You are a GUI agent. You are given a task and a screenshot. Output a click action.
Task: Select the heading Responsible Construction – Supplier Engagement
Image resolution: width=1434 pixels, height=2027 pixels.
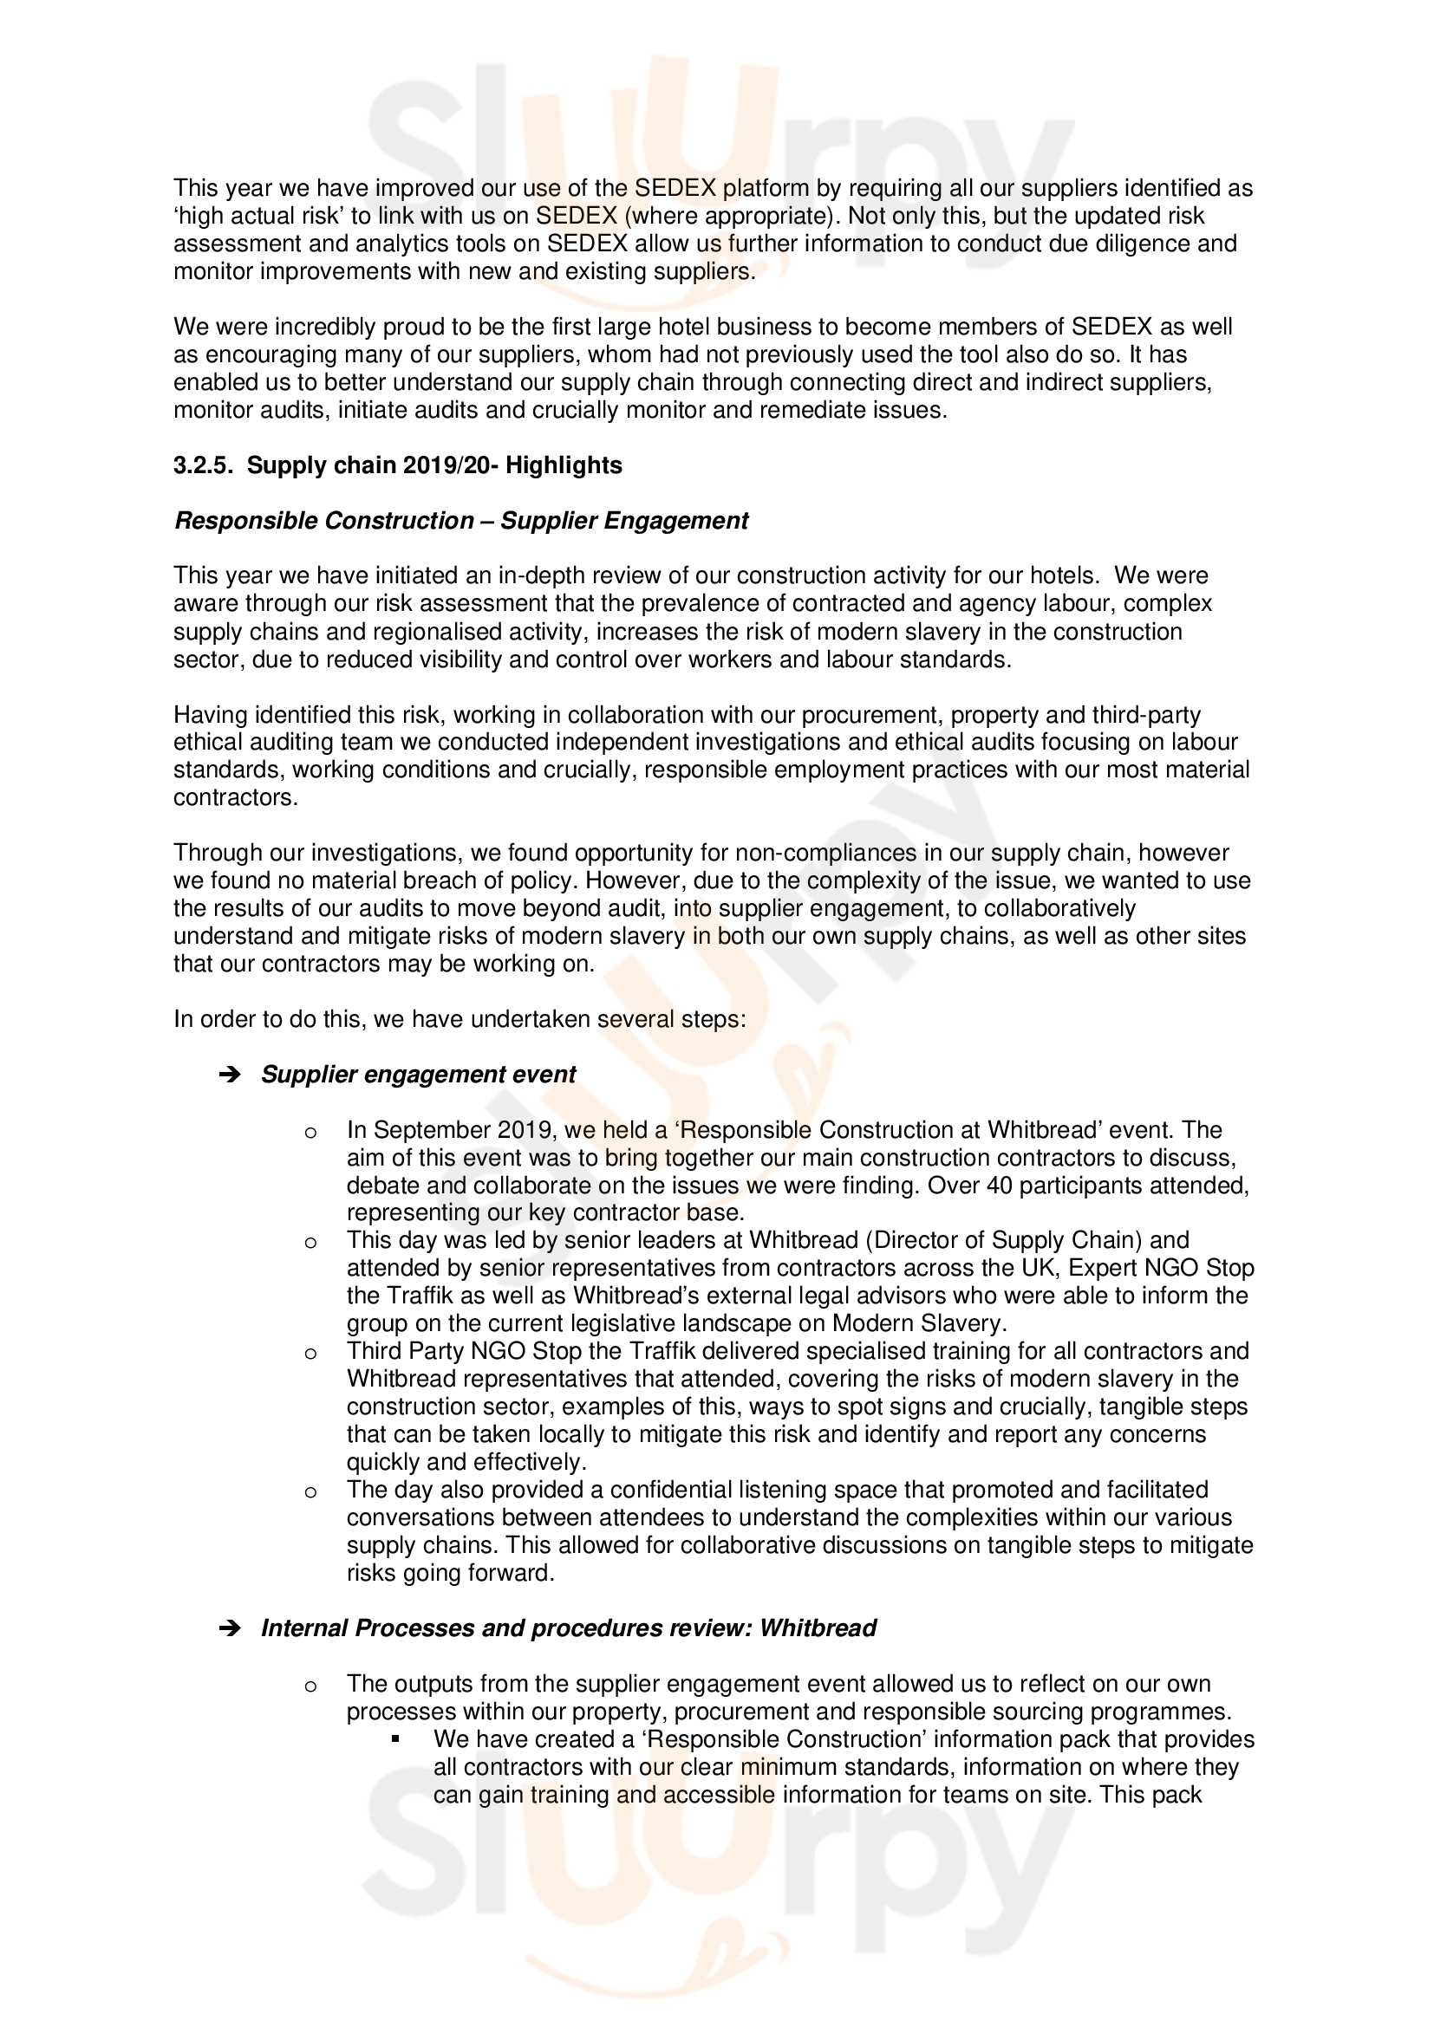(x=461, y=521)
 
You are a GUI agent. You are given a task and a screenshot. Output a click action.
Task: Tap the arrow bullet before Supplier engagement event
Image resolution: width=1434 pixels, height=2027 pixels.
(x=230, y=1075)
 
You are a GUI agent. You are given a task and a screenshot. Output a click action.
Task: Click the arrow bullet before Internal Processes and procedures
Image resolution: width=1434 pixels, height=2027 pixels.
(x=230, y=1629)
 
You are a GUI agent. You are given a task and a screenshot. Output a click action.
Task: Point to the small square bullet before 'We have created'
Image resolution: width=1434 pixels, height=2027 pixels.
(x=395, y=1740)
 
